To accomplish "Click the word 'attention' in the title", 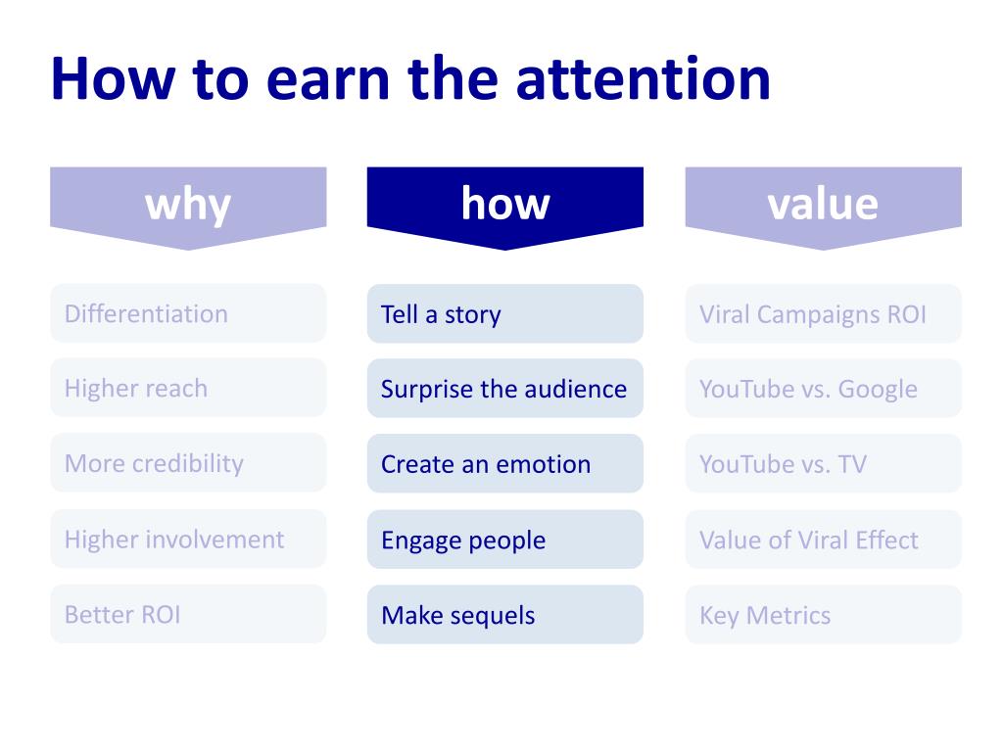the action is click(644, 79).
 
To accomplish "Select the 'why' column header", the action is click(188, 204).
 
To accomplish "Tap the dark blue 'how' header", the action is click(505, 204).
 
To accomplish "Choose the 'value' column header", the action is click(823, 204).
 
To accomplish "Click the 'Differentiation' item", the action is click(188, 313).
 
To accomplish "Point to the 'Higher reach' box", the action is click(188, 388).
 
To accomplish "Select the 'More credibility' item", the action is click(188, 463).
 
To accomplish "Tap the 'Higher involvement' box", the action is click(188, 539).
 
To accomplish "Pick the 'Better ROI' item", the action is click(188, 615).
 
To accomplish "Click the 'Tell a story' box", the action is click(505, 313).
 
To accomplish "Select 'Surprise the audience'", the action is click(505, 388).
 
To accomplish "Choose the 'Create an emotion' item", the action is click(505, 463).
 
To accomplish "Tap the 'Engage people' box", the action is click(505, 540).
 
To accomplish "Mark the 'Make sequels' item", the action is click(505, 615).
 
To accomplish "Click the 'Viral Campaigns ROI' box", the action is click(823, 313).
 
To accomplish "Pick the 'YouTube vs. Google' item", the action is click(823, 388).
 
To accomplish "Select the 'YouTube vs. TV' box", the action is click(823, 463).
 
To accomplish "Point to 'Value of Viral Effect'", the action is click(823, 540).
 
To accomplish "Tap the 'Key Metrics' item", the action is click(823, 615).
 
